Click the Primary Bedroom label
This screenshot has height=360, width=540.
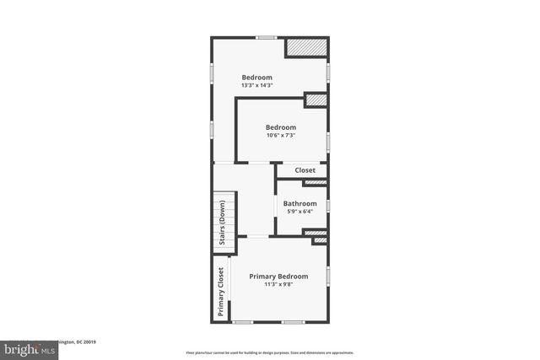(278, 276)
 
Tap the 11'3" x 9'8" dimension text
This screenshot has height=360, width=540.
(278, 284)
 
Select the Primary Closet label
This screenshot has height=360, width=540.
(221, 292)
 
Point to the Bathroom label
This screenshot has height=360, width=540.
(300, 203)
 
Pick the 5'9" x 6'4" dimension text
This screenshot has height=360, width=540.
(300, 212)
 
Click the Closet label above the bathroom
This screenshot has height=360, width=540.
(305, 170)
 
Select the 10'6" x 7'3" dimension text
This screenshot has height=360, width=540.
(281, 136)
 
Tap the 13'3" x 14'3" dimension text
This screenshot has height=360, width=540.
(256, 85)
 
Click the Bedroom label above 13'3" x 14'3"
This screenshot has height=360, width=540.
(256, 77)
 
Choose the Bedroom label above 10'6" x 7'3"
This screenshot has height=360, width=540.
(281, 127)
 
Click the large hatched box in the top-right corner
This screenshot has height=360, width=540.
(306, 48)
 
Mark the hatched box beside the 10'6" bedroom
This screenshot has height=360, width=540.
(316, 100)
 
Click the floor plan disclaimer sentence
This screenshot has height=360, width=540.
(270, 352)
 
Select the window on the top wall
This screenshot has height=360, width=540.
(267, 37)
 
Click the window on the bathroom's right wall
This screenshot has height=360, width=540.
(328, 205)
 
